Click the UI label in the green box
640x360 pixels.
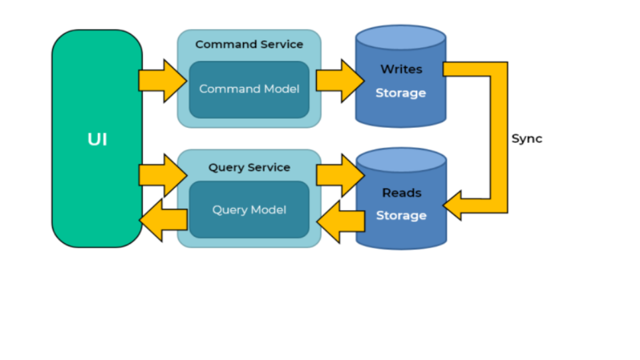pyautogui.click(x=97, y=139)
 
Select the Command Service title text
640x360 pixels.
pyautogui.click(x=249, y=44)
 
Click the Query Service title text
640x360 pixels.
pyautogui.click(x=249, y=167)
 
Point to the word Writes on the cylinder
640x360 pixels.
pyautogui.click(x=401, y=69)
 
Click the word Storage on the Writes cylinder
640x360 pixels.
pyautogui.click(x=401, y=93)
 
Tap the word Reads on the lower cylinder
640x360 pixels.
pyautogui.click(x=402, y=193)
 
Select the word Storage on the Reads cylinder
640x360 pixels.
pyautogui.click(x=401, y=216)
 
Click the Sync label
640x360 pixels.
pyautogui.click(x=527, y=139)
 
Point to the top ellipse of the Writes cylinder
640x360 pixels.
pyautogui.click(x=401, y=38)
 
